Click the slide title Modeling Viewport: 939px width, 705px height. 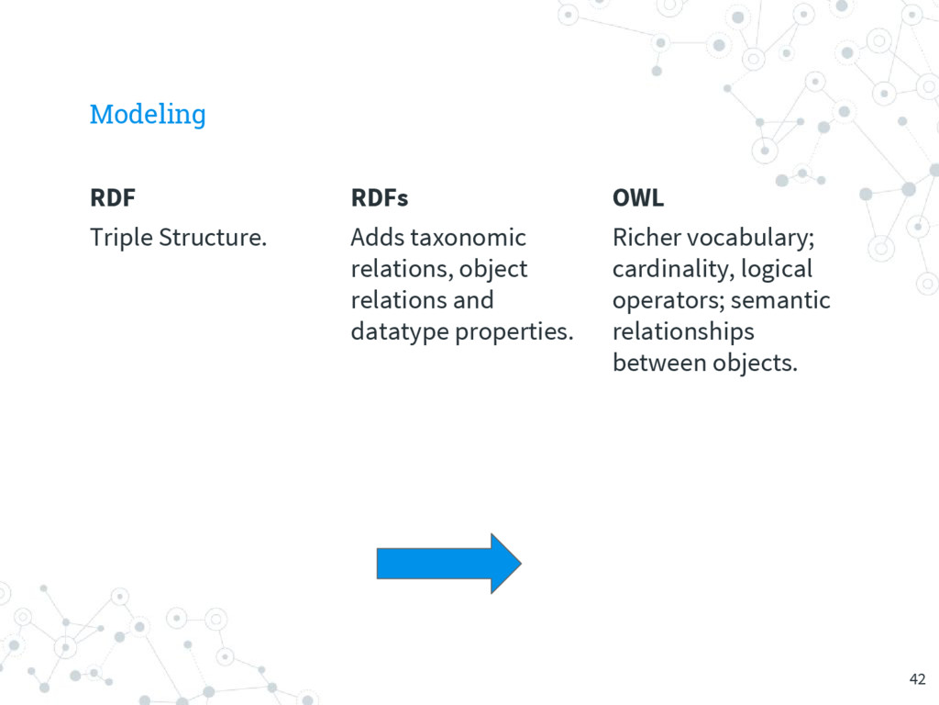[x=148, y=115]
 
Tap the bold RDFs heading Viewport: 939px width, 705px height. [x=379, y=198]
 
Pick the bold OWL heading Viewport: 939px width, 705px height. [x=637, y=198]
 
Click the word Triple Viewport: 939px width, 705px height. [x=121, y=239]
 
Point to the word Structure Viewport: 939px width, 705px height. [x=213, y=239]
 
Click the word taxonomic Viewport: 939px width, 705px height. [x=468, y=239]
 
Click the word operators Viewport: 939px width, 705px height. [x=668, y=301]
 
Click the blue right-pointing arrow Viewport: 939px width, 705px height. [x=448, y=563]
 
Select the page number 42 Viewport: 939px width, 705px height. [x=917, y=679]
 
